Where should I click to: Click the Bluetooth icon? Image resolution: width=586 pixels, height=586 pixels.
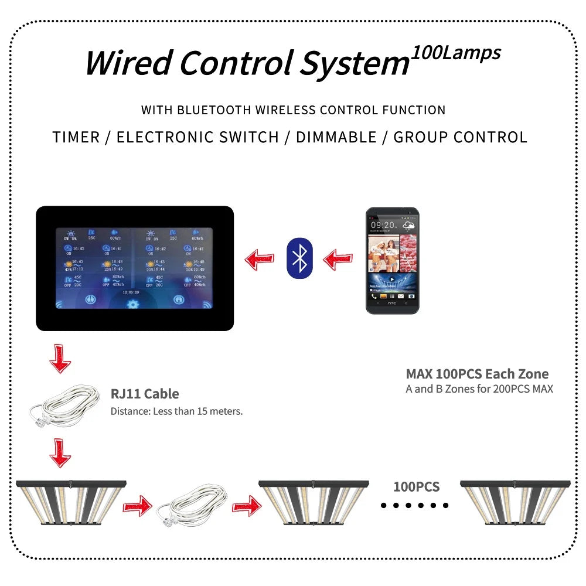pos(301,258)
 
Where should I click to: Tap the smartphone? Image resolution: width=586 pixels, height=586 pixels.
pos(392,260)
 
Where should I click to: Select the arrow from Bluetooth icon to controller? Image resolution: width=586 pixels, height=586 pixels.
pos(259,258)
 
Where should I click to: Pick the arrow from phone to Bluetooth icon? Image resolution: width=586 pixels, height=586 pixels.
pos(338,258)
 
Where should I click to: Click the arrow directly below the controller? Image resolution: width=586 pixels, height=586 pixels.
pos(60,359)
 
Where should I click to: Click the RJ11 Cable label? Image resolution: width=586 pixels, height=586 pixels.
pos(145,394)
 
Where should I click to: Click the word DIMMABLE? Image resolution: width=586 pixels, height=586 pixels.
pos(336,137)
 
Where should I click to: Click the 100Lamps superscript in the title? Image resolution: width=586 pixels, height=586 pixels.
pos(456,53)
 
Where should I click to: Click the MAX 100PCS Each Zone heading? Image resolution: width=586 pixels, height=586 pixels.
pos(477,374)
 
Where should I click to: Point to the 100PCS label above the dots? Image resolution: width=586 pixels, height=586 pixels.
pos(416,486)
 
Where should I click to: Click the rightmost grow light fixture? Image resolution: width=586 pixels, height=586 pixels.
pos(515,502)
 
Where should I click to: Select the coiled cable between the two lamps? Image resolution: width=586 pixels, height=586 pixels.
pos(192,504)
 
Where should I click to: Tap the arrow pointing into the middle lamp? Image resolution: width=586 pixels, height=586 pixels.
pos(246,505)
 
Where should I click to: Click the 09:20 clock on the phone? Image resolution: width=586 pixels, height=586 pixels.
pos(383,224)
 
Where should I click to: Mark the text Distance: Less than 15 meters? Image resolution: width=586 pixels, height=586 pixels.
pos(176,411)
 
